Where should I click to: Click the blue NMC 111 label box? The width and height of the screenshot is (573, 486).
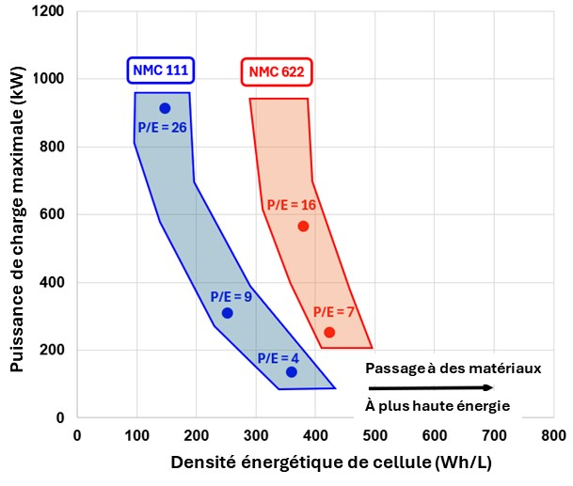tap(162, 71)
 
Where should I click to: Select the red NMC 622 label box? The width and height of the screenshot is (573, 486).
tap(276, 71)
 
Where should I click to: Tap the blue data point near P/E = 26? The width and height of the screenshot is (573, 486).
tap(165, 108)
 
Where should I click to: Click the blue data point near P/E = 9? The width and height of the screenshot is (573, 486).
tap(227, 313)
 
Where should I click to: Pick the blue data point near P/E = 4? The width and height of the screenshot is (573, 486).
tap(292, 372)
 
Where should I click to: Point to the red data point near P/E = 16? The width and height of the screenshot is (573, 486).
tap(303, 227)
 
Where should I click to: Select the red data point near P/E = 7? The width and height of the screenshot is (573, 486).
tap(329, 333)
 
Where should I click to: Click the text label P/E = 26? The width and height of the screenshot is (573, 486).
tap(161, 127)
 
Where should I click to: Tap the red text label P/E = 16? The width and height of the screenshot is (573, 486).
tap(292, 205)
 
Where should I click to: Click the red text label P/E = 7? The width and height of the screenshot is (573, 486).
tap(334, 311)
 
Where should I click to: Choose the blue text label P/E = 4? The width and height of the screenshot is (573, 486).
tap(279, 357)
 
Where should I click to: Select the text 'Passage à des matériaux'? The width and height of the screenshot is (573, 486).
tap(453, 368)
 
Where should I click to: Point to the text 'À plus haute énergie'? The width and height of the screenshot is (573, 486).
tap(438, 406)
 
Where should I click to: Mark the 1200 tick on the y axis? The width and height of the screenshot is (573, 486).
tap(49, 11)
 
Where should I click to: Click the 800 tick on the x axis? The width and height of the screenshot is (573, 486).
tap(553, 436)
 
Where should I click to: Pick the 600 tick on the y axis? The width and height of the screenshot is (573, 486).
tap(53, 214)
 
